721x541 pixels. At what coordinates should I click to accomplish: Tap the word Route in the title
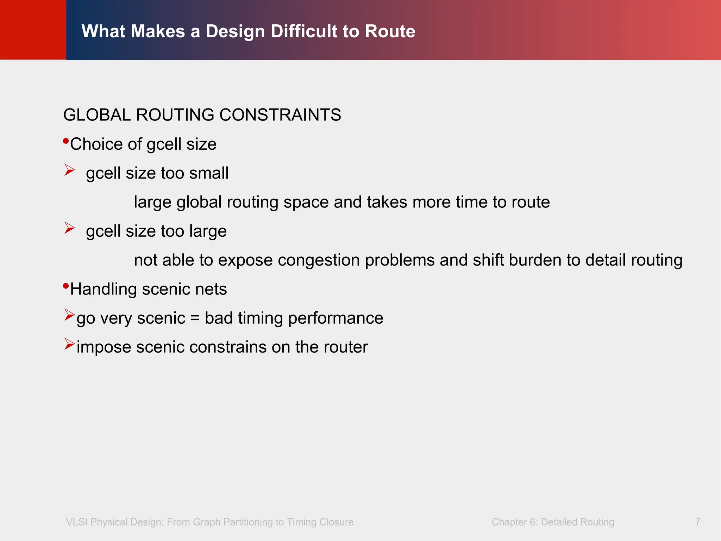pyautogui.click(x=390, y=31)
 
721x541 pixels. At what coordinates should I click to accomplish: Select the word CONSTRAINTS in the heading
pyautogui.click(x=280, y=115)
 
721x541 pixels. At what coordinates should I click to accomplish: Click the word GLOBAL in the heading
pyautogui.click(x=97, y=115)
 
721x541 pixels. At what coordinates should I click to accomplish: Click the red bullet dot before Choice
pyautogui.click(x=66, y=141)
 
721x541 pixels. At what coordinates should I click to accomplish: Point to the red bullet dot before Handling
pyautogui.click(x=66, y=286)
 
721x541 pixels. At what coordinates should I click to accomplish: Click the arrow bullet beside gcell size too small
pyautogui.click(x=70, y=170)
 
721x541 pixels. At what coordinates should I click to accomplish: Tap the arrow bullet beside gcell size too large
pyautogui.click(x=70, y=228)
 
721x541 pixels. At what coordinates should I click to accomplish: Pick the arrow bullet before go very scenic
pyautogui.click(x=70, y=315)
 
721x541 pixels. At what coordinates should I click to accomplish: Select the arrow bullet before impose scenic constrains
pyautogui.click(x=70, y=344)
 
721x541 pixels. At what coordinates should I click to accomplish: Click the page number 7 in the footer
pyautogui.click(x=698, y=521)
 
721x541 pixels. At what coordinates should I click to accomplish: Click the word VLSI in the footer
pyautogui.click(x=77, y=522)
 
